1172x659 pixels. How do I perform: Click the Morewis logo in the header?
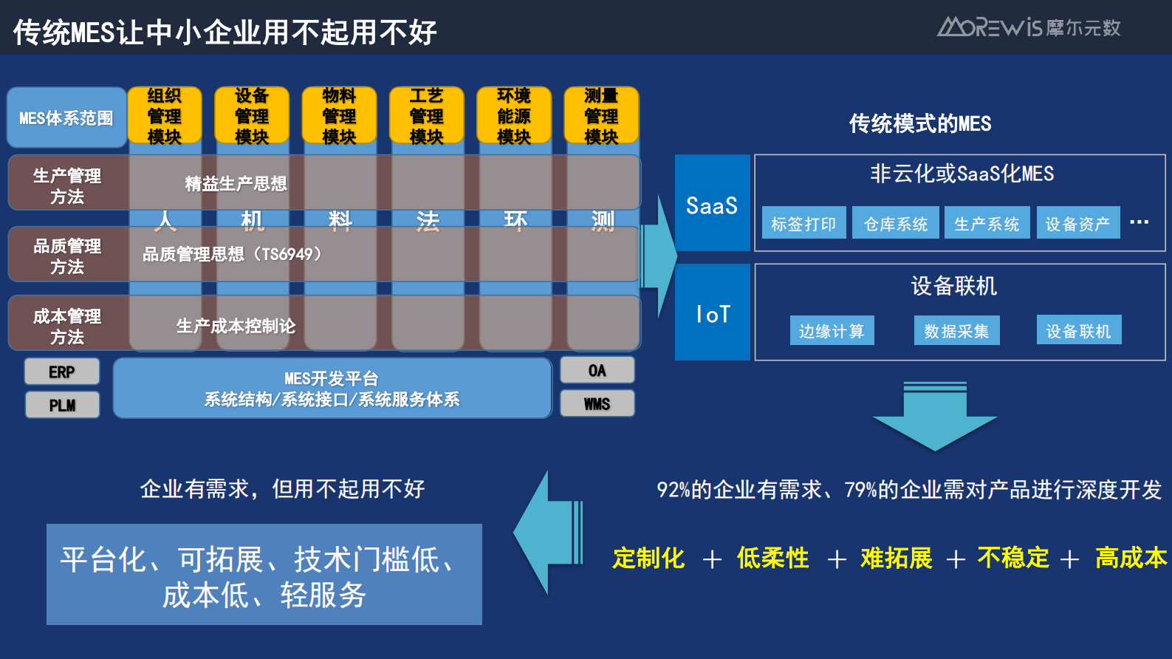pyautogui.click(x=1028, y=27)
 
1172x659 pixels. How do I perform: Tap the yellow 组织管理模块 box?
pyautogui.click(x=164, y=115)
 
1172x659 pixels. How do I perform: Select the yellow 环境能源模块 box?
pyautogui.click(x=514, y=115)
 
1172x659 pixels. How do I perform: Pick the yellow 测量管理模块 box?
pyautogui.click(x=601, y=115)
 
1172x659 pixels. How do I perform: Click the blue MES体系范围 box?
pyautogui.click(x=66, y=117)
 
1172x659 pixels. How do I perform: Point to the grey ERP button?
pyautogui.click(x=62, y=372)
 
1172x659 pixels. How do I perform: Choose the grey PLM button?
pyautogui.click(x=62, y=405)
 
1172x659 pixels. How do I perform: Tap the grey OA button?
pyautogui.click(x=597, y=370)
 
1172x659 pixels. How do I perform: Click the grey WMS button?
pyautogui.click(x=597, y=403)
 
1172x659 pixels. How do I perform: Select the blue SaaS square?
pyautogui.click(x=712, y=203)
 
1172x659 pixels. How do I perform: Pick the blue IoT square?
pyautogui.click(x=712, y=313)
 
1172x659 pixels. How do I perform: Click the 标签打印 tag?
pyautogui.click(x=803, y=223)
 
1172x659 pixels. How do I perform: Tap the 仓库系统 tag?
pyautogui.click(x=895, y=223)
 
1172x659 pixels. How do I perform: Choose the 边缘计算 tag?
pyautogui.click(x=832, y=331)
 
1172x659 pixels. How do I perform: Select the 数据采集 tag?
pyautogui.click(x=956, y=331)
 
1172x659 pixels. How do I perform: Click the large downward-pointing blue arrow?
pyautogui.click(x=935, y=417)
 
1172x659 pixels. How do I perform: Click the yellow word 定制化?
pyautogui.click(x=648, y=558)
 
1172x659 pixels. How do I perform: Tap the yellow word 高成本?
pyautogui.click(x=1131, y=558)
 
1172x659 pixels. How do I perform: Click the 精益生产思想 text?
pyautogui.click(x=236, y=183)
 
